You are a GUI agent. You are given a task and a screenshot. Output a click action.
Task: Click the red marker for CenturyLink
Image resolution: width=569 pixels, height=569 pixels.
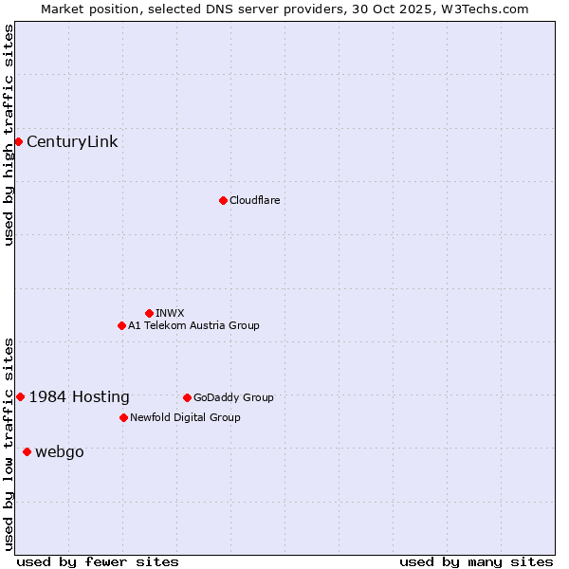pyautogui.click(x=18, y=141)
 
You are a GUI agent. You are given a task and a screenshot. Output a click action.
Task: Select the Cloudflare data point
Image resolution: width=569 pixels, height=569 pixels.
pyautogui.click(x=223, y=200)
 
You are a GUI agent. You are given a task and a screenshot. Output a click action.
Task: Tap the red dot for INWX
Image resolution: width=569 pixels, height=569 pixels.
pyautogui.click(x=149, y=313)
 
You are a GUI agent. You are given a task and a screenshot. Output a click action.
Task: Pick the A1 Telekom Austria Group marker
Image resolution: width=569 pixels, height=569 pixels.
pyautogui.click(x=121, y=325)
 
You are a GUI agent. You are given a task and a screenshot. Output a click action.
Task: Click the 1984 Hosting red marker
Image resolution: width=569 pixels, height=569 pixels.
pyautogui.click(x=20, y=396)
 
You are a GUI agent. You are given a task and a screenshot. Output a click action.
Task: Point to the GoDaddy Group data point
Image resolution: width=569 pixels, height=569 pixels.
pyautogui.click(x=187, y=397)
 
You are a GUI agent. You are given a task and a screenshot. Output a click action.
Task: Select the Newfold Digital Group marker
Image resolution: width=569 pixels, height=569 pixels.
pyautogui.click(x=123, y=417)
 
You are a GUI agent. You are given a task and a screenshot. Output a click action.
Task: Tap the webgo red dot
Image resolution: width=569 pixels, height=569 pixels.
pyautogui.click(x=27, y=451)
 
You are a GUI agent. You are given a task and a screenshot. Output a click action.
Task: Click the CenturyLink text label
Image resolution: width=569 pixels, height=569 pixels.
pyautogui.click(x=72, y=142)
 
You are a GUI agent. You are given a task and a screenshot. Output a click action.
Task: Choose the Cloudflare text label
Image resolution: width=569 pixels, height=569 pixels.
pyautogui.click(x=254, y=200)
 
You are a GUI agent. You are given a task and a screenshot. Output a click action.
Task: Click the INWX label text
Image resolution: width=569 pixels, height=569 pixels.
pyautogui.click(x=170, y=313)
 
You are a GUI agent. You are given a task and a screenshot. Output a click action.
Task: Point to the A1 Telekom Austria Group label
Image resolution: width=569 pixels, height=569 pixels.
pyautogui.click(x=193, y=325)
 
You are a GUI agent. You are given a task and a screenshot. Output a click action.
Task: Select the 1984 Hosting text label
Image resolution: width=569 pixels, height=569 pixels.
pyautogui.click(x=80, y=396)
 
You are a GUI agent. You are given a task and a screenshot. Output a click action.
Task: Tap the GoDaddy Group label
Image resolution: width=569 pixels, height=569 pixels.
pyautogui.click(x=233, y=397)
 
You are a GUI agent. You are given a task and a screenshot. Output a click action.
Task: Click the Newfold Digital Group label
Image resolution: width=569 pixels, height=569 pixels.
pyautogui.click(x=185, y=417)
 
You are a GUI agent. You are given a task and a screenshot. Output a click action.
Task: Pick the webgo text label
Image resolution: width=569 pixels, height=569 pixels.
pyautogui.click(x=60, y=451)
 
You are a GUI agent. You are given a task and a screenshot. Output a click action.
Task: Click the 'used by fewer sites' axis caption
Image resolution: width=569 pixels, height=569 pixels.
pyautogui.click(x=98, y=561)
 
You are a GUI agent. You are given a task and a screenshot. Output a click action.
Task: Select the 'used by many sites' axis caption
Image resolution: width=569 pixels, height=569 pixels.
pyautogui.click(x=476, y=561)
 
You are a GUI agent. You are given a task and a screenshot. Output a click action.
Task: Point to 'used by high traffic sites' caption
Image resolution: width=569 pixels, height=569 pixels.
pyautogui.click(x=9, y=135)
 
